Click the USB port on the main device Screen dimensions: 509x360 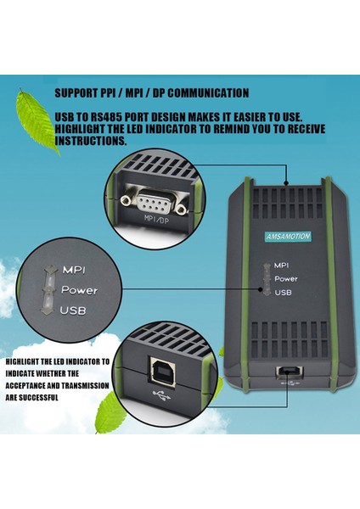click(x=291, y=372)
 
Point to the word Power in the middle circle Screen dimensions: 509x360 click(x=80, y=290)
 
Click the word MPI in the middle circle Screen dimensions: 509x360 click(x=74, y=270)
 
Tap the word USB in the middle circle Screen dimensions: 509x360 click(x=73, y=310)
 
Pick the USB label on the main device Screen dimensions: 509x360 click(x=284, y=292)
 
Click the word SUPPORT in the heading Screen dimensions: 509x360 click(x=77, y=92)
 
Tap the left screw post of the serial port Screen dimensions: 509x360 click(x=126, y=200)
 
